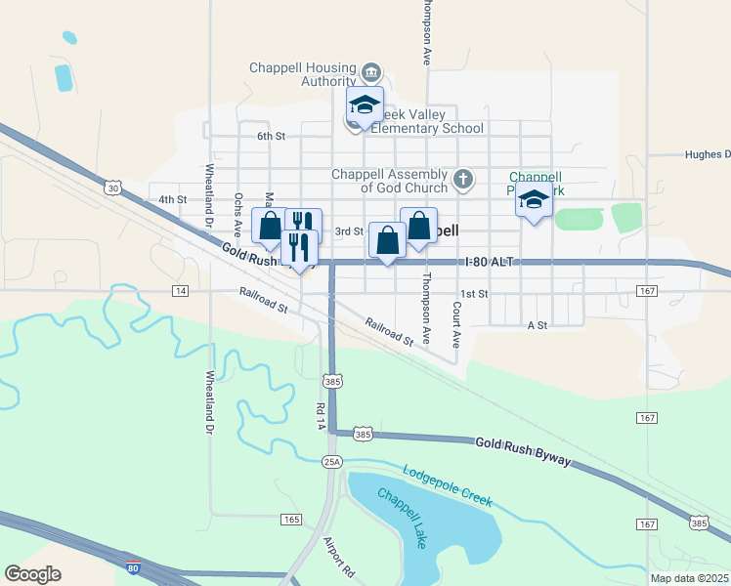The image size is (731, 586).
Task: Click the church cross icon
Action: coord(463,180)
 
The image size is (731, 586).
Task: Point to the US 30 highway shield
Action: coord(114,187)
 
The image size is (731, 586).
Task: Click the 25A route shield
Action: coord(333,461)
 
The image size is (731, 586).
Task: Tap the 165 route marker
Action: coord(290,519)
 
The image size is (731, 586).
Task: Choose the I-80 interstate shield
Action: coord(134,565)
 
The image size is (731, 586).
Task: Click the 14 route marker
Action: coord(180,291)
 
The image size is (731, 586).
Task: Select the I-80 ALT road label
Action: coord(489,263)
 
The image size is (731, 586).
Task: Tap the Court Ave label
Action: coord(456,325)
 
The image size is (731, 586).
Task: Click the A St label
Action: coord(536,324)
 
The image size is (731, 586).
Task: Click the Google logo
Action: coord(32,574)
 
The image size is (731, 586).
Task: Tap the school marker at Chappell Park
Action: coord(534,201)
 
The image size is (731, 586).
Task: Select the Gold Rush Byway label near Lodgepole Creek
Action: coord(522,451)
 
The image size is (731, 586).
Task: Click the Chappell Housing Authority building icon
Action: coord(371,73)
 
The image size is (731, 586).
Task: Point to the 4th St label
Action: coord(172,199)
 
